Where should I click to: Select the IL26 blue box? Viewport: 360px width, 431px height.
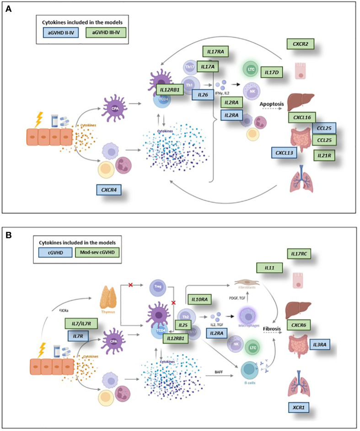[x=204, y=95]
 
